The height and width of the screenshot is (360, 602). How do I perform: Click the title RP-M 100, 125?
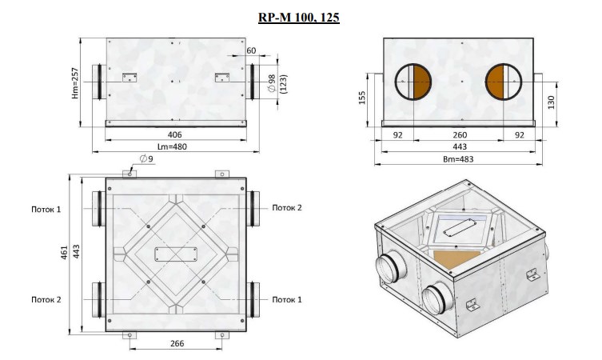coord(299,18)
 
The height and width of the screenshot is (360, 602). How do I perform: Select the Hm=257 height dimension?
coord(75,83)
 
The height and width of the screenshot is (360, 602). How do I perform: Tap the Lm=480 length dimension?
coord(173,146)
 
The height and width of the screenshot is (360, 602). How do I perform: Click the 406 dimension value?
coord(175,135)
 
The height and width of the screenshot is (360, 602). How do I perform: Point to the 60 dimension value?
coord(251,50)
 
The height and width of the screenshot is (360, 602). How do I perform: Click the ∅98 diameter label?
coord(272,83)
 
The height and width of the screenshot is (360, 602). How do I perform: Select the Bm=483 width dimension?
coord(458,159)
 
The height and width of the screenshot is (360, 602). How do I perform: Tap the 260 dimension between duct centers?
coord(460,135)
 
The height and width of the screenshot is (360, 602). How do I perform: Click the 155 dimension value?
coord(361,98)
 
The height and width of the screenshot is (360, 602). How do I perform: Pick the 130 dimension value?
coord(552,102)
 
